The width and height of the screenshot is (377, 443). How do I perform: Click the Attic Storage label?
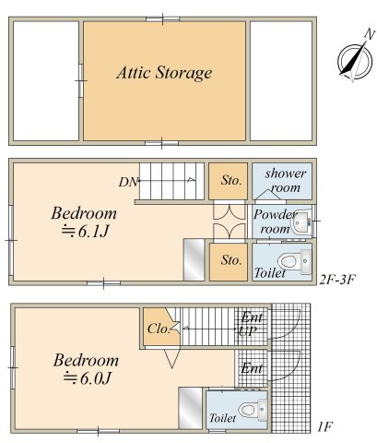[164, 73]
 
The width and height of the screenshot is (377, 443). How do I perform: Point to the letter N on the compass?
[370, 33]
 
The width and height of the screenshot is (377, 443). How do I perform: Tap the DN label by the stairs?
[128, 182]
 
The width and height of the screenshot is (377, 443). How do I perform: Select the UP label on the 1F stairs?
[248, 330]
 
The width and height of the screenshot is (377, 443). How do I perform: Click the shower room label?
[286, 181]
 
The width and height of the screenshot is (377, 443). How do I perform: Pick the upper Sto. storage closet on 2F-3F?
[228, 181]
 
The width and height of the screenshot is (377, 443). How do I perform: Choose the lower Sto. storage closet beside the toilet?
[229, 262]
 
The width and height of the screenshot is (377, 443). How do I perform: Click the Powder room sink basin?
[302, 223]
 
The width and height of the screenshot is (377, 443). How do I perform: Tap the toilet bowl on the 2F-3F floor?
[288, 261]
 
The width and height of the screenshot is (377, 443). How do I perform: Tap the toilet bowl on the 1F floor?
[248, 410]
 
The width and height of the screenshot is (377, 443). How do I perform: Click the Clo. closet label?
[159, 329]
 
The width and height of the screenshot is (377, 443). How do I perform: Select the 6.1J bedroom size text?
[86, 232]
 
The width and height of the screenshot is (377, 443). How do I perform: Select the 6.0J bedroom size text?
[87, 378]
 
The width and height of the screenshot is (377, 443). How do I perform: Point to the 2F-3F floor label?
[336, 280]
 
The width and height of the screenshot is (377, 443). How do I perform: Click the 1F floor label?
[324, 427]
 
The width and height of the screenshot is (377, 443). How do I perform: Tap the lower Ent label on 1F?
[252, 368]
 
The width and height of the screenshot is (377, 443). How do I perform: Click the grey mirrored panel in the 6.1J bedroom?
[194, 259]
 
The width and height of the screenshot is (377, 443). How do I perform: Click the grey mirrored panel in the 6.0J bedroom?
[191, 408]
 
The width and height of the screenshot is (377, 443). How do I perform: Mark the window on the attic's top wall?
[162, 19]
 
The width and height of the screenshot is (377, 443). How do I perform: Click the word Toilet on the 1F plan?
[223, 418]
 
